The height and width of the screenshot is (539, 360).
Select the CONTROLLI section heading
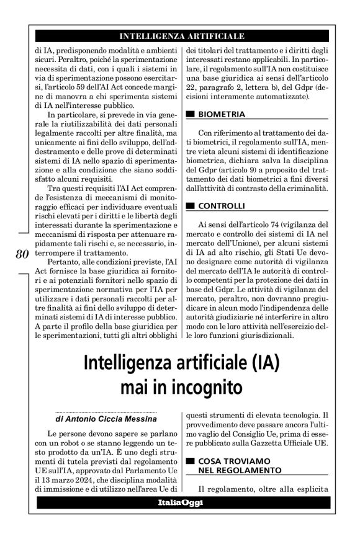click(223, 205)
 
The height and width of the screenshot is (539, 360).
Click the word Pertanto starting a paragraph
click(58, 246)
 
